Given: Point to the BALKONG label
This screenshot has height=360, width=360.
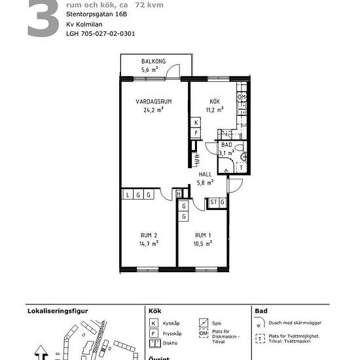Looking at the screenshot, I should point(153,62).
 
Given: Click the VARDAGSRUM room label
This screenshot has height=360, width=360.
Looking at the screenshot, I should point(153,102).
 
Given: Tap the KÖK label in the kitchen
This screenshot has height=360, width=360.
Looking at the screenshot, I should point(215,101).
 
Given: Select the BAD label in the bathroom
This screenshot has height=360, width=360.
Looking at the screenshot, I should point(226,145).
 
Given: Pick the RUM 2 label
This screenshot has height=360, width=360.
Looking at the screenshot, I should point(149,235).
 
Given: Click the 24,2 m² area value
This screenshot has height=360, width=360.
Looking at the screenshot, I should point(153,111).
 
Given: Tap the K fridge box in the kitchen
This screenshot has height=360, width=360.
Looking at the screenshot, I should point(195,122).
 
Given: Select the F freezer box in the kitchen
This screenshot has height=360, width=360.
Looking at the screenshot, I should point(195,133).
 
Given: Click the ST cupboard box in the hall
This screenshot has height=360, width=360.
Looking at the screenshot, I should point(213,203).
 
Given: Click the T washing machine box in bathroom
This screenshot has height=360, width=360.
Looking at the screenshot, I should point(241,168).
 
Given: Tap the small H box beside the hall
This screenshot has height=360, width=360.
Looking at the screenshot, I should point(179,194).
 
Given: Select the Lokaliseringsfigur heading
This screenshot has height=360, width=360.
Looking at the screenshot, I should point(57,312).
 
